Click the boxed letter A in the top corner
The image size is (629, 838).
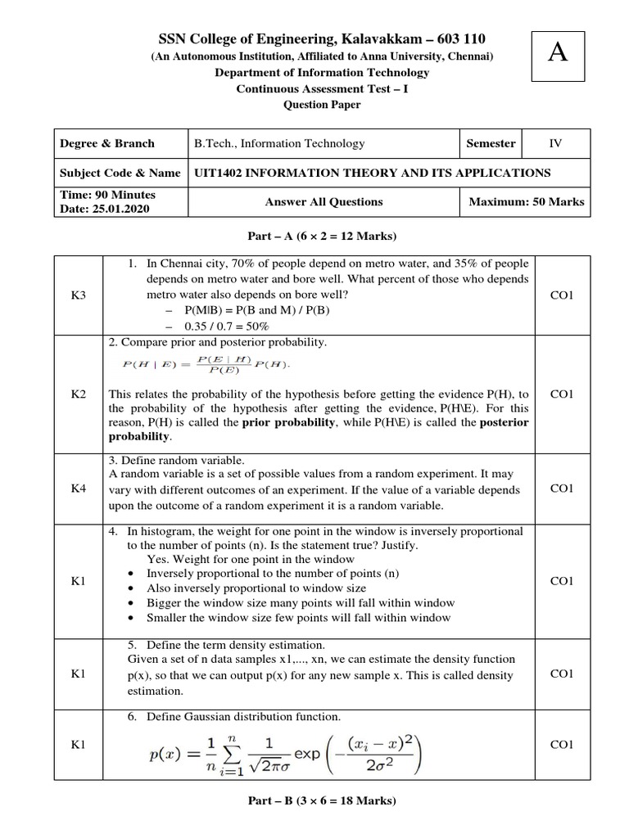[x=558, y=53]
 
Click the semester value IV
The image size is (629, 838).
[x=555, y=143]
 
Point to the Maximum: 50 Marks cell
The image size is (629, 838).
[x=526, y=201]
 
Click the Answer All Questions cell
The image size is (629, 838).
[x=324, y=201]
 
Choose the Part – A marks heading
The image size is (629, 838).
[x=322, y=237]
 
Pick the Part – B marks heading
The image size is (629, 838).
[x=322, y=801]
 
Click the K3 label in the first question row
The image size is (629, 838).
[x=79, y=294]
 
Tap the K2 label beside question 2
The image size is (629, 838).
[x=79, y=394]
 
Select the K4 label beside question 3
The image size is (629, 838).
[x=79, y=489]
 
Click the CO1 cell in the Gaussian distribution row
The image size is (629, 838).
[x=562, y=744]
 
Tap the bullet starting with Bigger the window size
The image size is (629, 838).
[x=300, y=602]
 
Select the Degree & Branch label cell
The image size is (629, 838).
[x=106, y=143]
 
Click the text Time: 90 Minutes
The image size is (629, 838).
[x=107, y=195]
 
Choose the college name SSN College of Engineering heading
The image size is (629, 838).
[x=321, y=40]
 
